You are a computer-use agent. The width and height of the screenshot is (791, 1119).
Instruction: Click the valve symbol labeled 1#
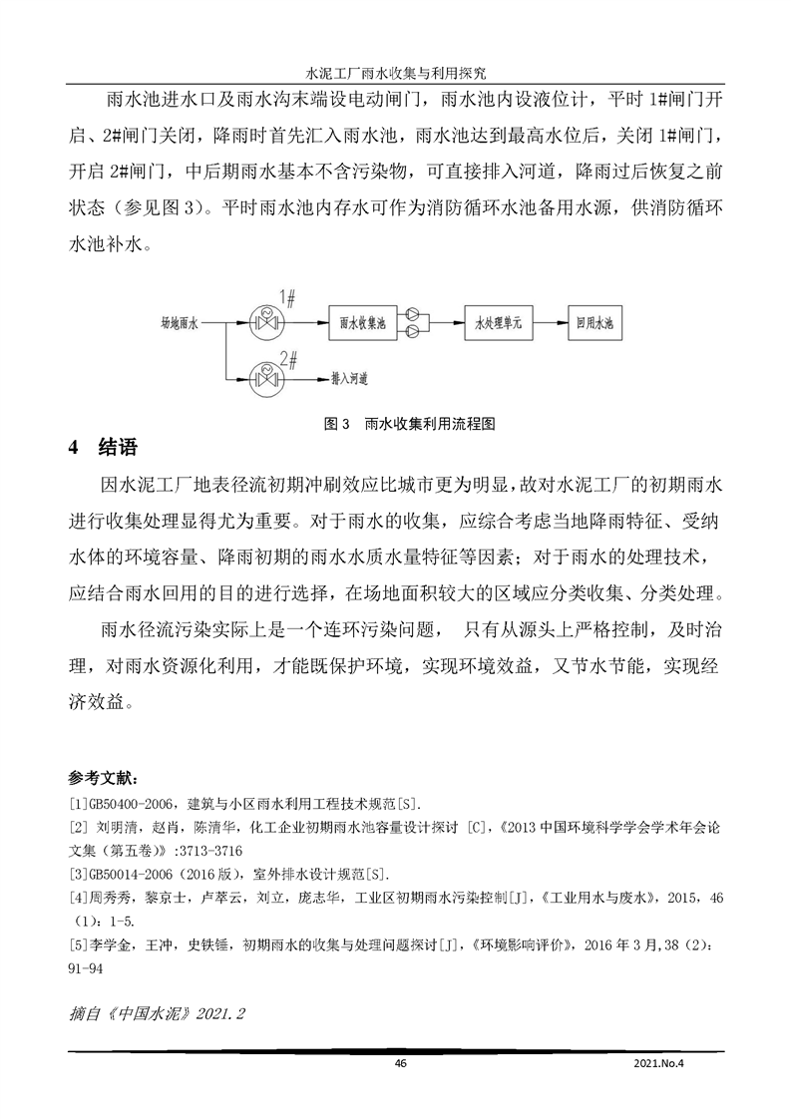(267, 322)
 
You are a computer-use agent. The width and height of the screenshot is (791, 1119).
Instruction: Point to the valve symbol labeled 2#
(267, 378)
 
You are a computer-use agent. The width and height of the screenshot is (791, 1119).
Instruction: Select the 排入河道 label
(350, 379)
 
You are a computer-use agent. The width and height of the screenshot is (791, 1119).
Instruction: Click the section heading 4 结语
(102, 448)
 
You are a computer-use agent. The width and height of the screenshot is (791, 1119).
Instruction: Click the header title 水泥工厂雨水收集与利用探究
(395, 74)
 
